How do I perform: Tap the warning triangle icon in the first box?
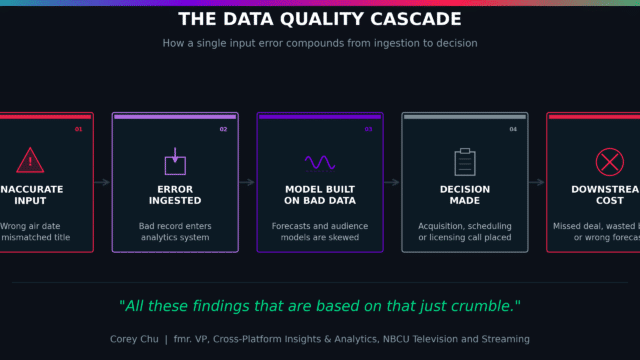tap(30, 160)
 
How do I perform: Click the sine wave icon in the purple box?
tap(320, 161)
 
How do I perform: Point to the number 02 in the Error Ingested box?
tap(223, 130)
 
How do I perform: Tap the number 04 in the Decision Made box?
tap(513, 130)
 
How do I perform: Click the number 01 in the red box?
tap(79, 130)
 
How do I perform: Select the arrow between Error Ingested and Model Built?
tap(247, 182)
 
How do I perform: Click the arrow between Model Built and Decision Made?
tap(392, 182)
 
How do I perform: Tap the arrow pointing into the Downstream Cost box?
tap(536, 182)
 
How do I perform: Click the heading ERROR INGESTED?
tap(175, 195)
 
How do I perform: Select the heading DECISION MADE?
tap(464, 195)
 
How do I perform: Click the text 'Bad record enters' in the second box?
tap(175, 226)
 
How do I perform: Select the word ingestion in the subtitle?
tap(372, 43)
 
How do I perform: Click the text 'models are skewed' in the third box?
tap(320, 239)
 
